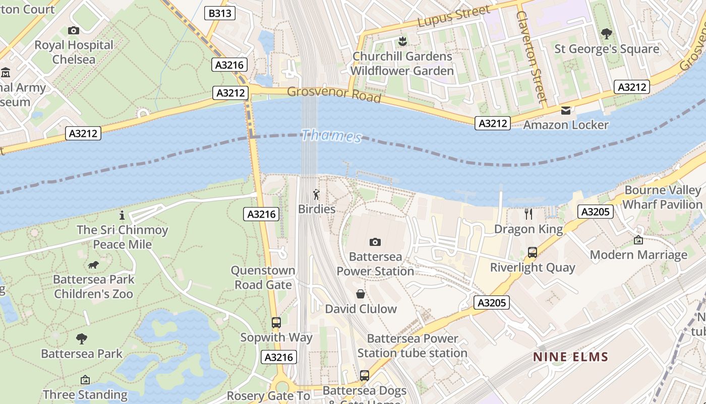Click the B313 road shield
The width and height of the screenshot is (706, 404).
click(x=220, y=13)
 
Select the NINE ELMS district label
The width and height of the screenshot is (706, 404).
click(x=571, y=358)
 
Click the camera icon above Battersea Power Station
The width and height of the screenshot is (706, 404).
click(x=375, y=242)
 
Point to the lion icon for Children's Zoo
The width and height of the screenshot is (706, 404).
click(x=93, y=265)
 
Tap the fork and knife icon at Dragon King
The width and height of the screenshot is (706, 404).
click(x=528, y=214)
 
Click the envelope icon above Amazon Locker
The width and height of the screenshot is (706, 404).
click(x=566, y=110)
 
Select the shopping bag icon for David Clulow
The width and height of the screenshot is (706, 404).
click(x=361, y=294)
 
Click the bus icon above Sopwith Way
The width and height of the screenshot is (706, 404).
click(x=276, y=323)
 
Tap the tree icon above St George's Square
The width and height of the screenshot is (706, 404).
click(x=607, y=34)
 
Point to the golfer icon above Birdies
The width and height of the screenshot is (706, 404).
click(x=316, y=194)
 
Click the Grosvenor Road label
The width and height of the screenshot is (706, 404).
click(x=334, y=94)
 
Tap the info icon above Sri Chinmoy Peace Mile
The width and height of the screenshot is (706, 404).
click(x=122, y=216)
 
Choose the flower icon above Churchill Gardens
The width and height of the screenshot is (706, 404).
click(x=402, y=40)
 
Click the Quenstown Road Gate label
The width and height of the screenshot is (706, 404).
click(x=263, y=278)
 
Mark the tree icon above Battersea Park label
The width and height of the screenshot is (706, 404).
click(x=82, y=339)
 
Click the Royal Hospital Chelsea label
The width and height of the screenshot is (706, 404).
click(x=74, y=52)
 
